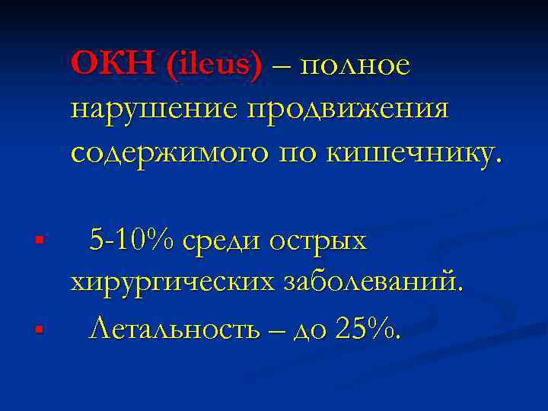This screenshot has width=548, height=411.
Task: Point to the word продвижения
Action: click(x=346, y=110)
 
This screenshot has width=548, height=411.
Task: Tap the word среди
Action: click(x=231, y=242)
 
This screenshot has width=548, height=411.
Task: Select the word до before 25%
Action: click(x=312, y=330)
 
